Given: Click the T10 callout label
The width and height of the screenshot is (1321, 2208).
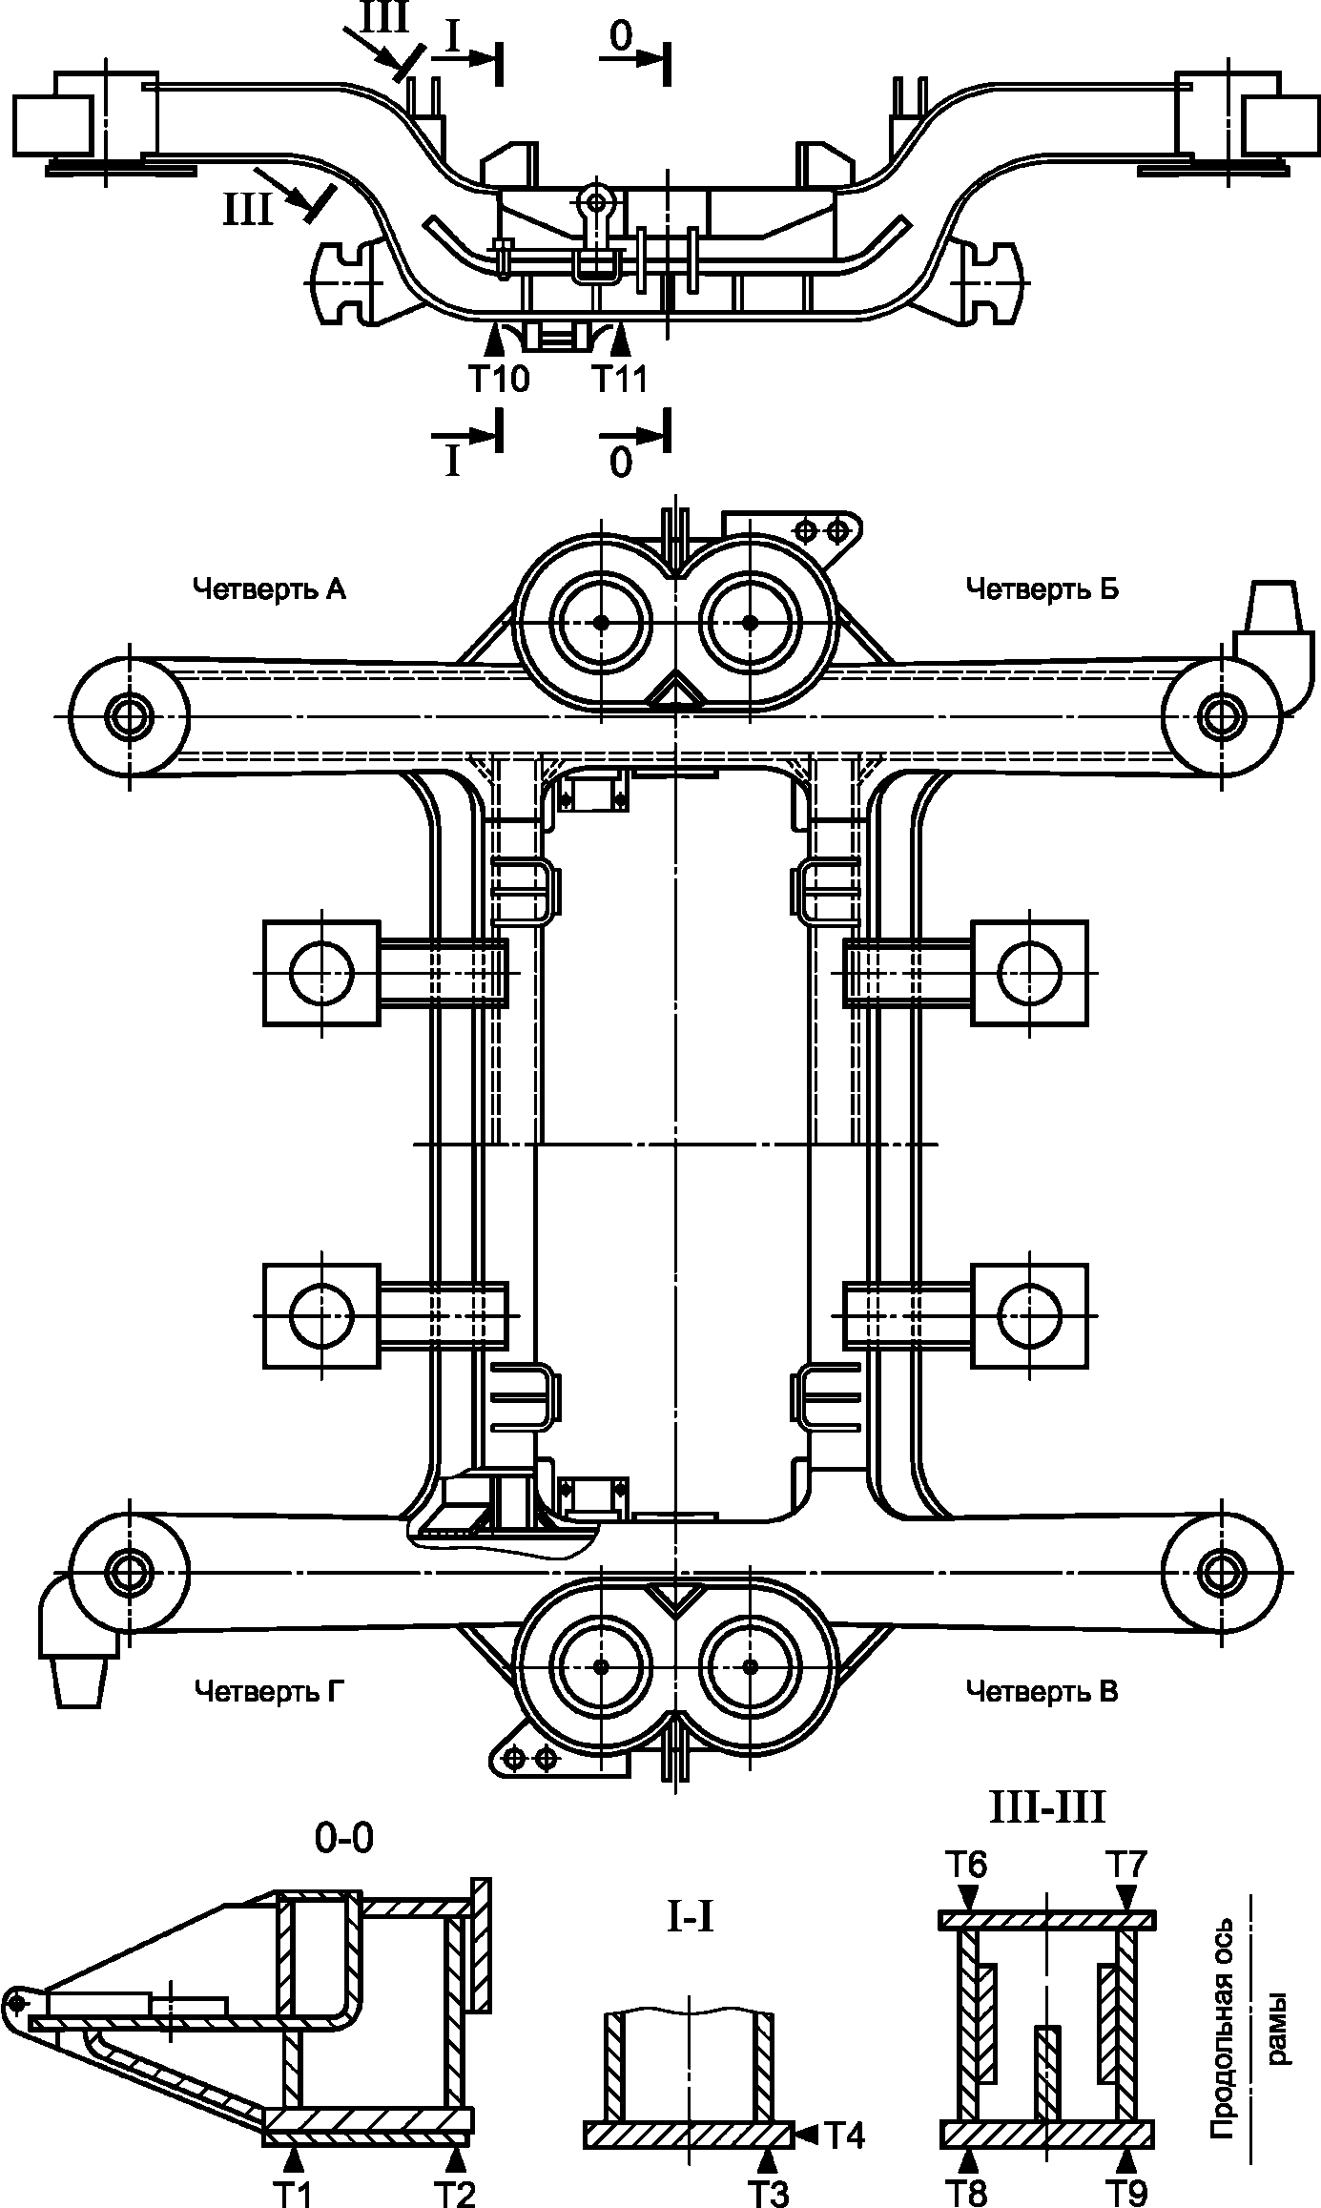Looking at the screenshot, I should [x=498, y=379].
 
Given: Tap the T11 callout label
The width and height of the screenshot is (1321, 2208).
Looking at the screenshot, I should [x=620, y=379].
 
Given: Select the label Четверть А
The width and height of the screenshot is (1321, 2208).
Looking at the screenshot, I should [x=269, y=589].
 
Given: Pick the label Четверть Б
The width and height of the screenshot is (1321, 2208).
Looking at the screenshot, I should [x=1042, y=589].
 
